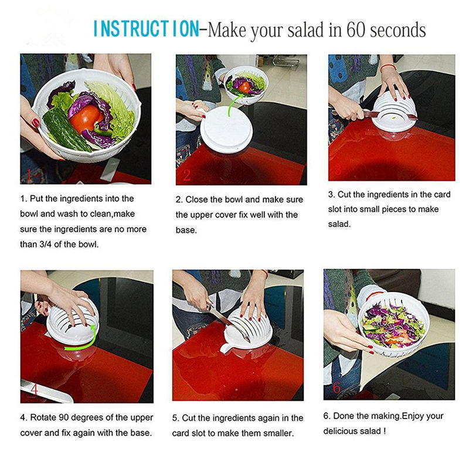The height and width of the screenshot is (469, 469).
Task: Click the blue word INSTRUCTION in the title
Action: (x=146, y=29)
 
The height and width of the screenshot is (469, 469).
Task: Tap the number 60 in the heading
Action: (x=356, y=30)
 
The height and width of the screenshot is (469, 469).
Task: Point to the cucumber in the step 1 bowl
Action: (x=66, y=129)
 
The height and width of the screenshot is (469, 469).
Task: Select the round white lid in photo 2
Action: (x=226, y=129)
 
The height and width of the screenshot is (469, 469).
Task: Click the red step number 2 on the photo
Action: (x=187, y=175)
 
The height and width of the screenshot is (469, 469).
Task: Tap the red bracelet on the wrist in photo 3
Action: (x=388, y=67)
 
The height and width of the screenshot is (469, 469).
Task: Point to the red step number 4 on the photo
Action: (x=34, y=389)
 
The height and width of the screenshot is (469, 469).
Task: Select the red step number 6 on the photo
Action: (x=337, y=388)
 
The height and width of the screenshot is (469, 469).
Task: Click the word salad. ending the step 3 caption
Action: (x=339, y=224)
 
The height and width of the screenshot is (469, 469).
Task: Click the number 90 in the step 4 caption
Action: (x=63, y=417)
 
